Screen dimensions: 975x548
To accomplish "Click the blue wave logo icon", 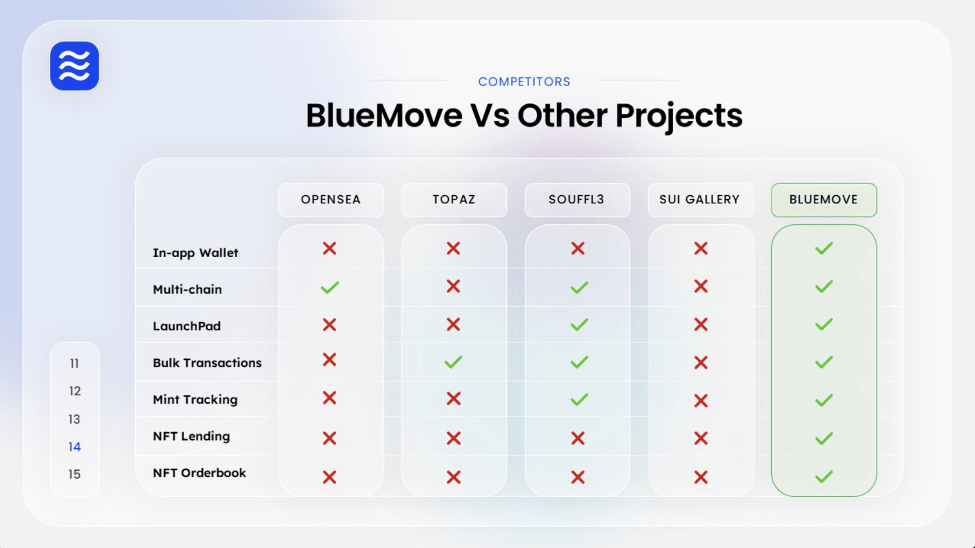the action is (x=75, y=66).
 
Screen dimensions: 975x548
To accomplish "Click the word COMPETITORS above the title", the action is (x=524, y=82).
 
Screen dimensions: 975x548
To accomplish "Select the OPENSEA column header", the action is (x=331, y=200).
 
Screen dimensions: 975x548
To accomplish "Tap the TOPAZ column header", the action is (x=454, y=200).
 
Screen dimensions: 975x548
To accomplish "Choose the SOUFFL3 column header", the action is (x=577, y=200).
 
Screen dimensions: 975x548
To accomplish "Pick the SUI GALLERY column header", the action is (x=700, y=200).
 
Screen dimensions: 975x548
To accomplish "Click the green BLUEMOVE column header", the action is (x=824, y=200).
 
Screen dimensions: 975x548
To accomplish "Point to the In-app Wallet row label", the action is (x=195, y=253).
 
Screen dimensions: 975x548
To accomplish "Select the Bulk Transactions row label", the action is (x=207, y=363).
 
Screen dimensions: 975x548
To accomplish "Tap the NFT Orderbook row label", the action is (x=199, y=473).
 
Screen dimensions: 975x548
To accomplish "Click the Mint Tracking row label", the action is (x=195, y=400).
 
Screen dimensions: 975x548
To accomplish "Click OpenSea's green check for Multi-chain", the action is (x=330, y=287).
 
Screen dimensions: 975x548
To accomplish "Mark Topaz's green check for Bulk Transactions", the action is (x=453, y=362).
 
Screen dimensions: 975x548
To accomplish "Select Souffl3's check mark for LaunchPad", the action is (x=579, y=324).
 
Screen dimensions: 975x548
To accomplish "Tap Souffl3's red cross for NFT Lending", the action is (x=578, y=438).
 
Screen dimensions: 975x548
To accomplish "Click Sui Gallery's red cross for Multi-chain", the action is (x=701, y=286).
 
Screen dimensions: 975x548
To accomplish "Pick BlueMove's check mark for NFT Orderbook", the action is (x=824, y=476).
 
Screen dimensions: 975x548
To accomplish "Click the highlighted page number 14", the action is (x=75, y=447).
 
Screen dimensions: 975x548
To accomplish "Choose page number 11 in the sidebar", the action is (x=74, y=363).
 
